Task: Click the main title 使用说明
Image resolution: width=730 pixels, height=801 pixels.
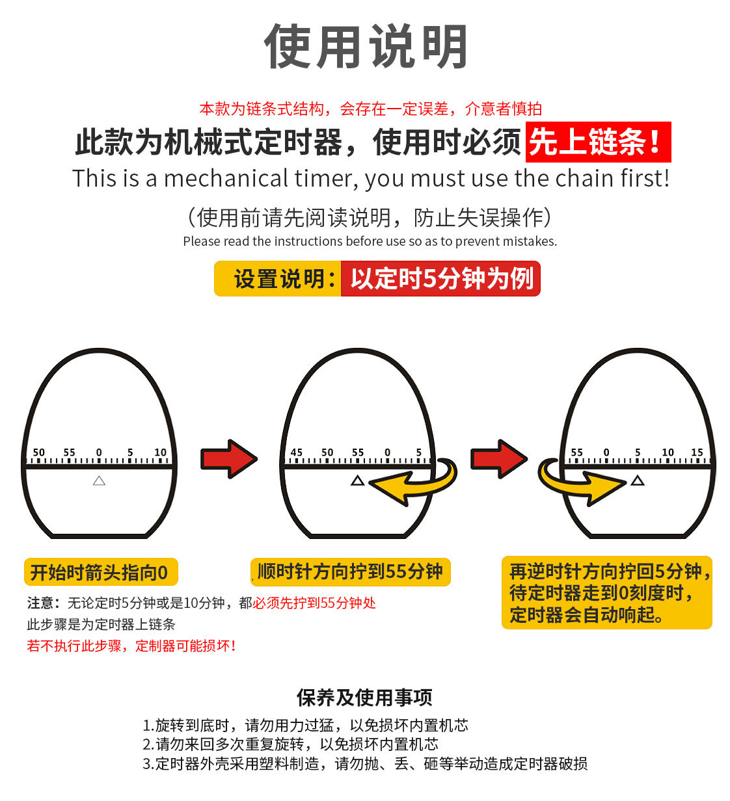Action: [x=366, y=47]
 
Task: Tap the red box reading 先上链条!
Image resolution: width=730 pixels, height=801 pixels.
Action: [x=597, y=142]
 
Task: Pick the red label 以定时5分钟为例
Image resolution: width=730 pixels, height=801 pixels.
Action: [x=441, y=279]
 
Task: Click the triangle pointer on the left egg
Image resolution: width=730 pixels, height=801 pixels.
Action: [x=99, y=480]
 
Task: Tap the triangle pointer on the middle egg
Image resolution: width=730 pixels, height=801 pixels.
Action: [x=357, y=480]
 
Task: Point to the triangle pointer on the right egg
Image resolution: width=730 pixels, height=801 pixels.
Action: [x=638, y=480]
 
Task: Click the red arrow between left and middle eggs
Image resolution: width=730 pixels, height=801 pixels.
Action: [x=228, y=459]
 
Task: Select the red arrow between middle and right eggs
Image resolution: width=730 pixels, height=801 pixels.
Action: [x=498, y=459]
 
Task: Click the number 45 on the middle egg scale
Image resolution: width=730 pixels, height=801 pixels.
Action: [x=296, y=453]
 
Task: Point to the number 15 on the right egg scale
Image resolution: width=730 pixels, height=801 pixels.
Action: [x=697, y=453]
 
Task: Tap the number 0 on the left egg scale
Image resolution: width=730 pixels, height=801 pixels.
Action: [x=99, y=453]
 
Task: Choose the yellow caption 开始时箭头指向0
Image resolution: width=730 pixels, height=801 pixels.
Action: [x=100, y=573]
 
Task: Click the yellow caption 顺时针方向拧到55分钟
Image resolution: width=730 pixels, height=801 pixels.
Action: [x=350, y=572]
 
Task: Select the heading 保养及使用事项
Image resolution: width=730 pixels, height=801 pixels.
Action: [x=364, y=698]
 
